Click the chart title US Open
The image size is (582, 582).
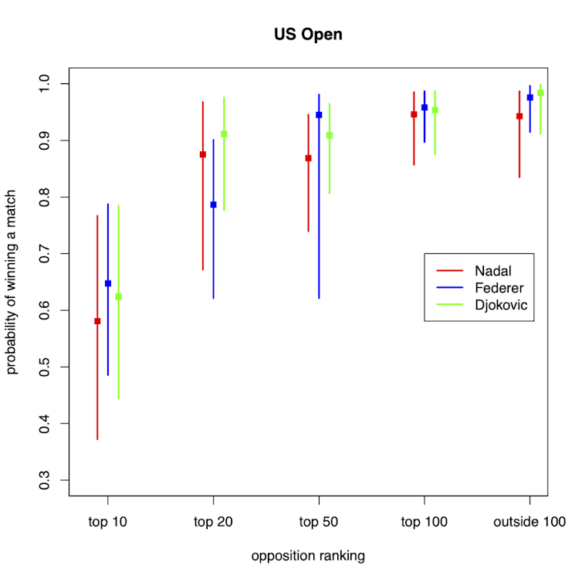308,35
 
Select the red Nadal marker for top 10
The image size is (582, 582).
97,321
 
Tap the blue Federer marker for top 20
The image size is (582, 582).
214,205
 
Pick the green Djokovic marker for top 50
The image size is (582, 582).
330,135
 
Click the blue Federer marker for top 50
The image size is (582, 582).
319,115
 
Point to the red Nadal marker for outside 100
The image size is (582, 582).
519,117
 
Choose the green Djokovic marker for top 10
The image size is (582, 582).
119,296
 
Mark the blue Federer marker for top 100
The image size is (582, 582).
425,107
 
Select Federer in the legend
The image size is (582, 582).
499,288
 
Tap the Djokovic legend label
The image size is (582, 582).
501,305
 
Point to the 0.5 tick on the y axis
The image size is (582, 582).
53,367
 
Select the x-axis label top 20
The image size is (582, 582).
213,522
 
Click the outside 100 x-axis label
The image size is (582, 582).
530,522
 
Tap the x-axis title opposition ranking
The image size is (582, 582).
308,556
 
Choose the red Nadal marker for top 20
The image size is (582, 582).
203,154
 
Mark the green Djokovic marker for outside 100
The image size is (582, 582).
540,93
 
